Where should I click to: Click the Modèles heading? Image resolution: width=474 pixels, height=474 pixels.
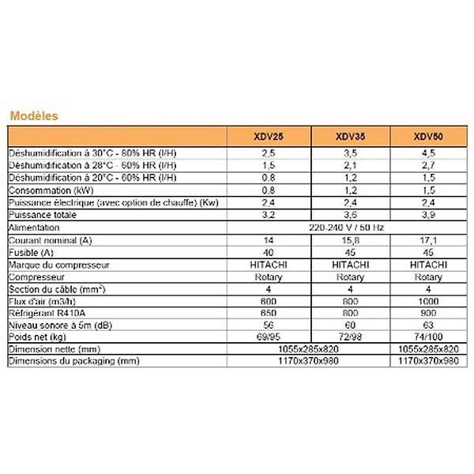34,115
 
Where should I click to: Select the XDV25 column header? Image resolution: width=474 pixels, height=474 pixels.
269,137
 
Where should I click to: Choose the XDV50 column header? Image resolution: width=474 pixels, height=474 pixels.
427,137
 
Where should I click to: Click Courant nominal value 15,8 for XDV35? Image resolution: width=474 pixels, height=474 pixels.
349,239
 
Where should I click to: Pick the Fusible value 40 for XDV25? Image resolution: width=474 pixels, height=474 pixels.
269,252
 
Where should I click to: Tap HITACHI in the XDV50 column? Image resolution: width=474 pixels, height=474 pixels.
427,265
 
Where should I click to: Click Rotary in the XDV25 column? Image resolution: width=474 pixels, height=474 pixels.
269,277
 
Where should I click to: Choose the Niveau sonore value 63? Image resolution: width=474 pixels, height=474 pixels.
427,325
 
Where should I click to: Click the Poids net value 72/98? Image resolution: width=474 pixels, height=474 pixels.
349,337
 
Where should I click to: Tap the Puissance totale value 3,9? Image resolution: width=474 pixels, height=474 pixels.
427,215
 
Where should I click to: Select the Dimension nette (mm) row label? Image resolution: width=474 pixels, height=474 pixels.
54,349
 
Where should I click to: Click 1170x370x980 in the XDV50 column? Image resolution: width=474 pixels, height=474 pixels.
427,361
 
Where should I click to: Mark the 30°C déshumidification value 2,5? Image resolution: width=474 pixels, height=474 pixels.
269,153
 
